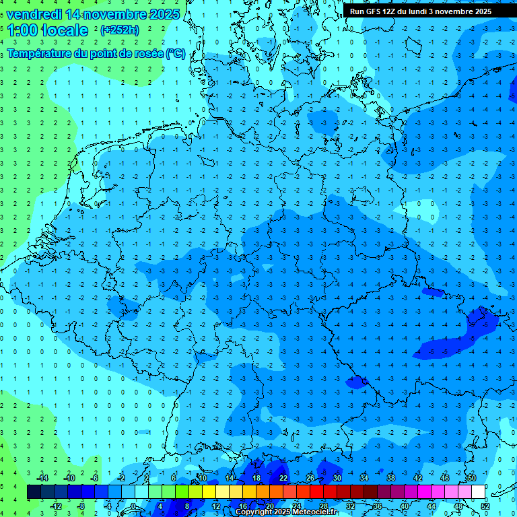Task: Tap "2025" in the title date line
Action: coord(162,14)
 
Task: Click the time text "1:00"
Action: coord(24,30)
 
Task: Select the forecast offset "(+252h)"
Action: coord(119,30)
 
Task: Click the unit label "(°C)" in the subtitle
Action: coord(175,54)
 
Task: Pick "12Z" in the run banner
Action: coord(390,11)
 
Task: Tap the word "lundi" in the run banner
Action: coord(424,11)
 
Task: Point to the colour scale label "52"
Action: coord(485,506)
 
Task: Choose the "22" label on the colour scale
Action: coord(283,478)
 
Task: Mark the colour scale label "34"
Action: coord(364,478)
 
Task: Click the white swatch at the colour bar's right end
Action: coord(478,491)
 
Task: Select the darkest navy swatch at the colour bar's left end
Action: coord(34,491)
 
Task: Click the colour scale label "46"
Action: coord(445,478)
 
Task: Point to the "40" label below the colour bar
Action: coord(405,506)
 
